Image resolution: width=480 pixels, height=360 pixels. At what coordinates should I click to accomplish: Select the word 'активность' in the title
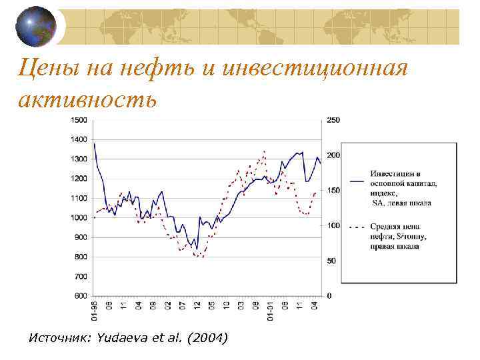click(x=88, y=99)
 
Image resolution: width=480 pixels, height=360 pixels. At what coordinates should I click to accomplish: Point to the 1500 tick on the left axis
click(x=79, y=120)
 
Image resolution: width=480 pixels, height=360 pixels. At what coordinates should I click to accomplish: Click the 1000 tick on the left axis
click(x=79, y=218)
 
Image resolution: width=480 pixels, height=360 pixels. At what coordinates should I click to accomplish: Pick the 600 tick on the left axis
click(x=80, y=295)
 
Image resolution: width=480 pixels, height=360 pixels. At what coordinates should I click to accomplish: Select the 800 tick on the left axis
click(x=80, y=257)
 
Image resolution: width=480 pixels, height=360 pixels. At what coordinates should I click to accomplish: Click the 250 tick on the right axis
click(x=333, y=120)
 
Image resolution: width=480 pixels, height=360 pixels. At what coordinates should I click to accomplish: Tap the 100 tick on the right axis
click(x=333, y=225)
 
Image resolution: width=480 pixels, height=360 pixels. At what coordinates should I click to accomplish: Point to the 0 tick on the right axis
click(x=329, y=295)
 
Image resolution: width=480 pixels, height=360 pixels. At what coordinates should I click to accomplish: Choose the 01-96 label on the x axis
click(x=95, y=311)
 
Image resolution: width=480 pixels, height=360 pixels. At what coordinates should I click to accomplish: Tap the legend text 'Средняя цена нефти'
click(x=399, y=231)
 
